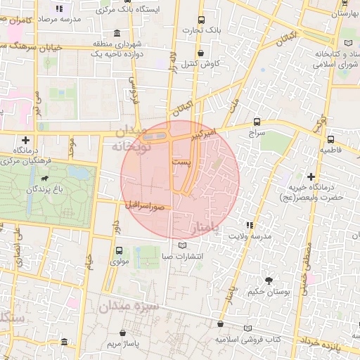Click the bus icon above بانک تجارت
(x=202, y=20)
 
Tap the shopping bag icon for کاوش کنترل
(x=202, y=53)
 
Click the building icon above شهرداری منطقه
(x=116, y=34)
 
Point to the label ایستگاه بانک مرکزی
(x=150, y=10)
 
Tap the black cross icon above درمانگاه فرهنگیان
(x=26, y=140)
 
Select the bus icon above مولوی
(x=118, y=250)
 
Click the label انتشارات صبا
(x=182, y=256)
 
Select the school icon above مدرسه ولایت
(x=251, y=224)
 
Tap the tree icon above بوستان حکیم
(x=267, y=281)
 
